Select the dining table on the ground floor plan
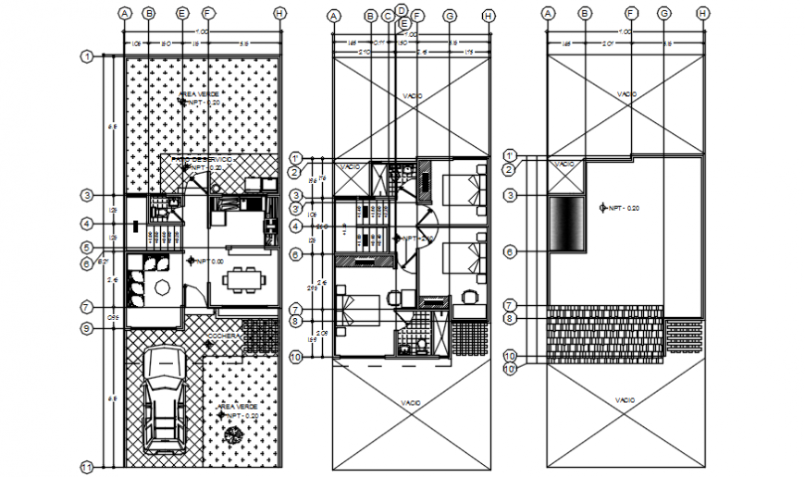click(x=245, y=278)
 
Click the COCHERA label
click(x=225, y=336)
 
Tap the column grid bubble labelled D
click(x=402, y=8)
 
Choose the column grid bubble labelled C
click(x=387, y=16)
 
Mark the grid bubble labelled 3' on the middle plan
click(x=297, y=209)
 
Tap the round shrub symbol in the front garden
click(x=231, y=437)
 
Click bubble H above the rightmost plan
click(x=703, y=13)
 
